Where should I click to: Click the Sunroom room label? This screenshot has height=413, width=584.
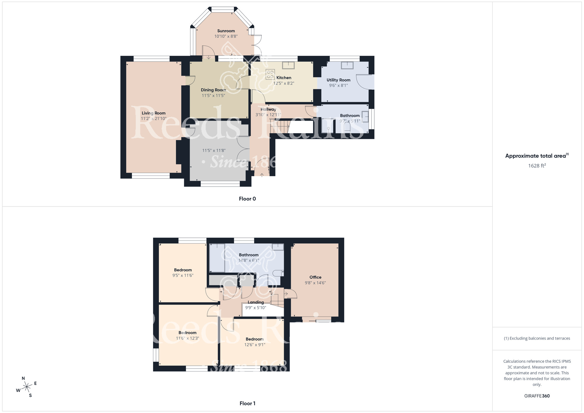pyautogui.click(x=226, y=31)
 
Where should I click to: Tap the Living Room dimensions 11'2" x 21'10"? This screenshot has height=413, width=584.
pyautogui.click(x=154, y=119)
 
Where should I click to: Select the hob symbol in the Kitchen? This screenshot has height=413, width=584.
pyautogui.click(x=270, y=74)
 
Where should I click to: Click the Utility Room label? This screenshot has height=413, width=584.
pyautogui.click(x=338, y=80)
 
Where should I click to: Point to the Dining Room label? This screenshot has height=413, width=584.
pyautogui.click(x=213, y=90)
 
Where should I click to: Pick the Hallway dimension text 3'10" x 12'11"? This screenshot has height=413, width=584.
pyautogui.click(x=268, y=115)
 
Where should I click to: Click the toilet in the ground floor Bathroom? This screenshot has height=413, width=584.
pyautogui.click(x=347, y=127)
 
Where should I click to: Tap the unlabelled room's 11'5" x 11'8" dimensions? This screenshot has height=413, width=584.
pyautogui.click(x=214, y=150)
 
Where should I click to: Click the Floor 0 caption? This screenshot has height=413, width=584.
pyautogui.click(x=247, y=199)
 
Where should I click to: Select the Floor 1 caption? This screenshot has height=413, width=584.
pyautogui.click(x=247, y=403)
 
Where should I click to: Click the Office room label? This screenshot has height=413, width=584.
pyautogui.click(x=315, y=277)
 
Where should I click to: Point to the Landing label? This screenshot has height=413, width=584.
pyautogui.click(x=255, y=302)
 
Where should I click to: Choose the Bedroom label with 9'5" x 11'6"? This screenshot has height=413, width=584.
pyautogui.click(x=183, y=270)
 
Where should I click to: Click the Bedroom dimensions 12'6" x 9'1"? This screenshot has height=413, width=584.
pyautogui.click(x=255, y=345)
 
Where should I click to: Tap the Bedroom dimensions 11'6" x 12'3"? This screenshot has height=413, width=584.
pyautogui.click(x=187, y=338)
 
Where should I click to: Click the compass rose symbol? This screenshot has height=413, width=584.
pyautogui.click(x=27, y=387)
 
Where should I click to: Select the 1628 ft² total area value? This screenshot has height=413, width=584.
pyautogui.click(x=537, y=166)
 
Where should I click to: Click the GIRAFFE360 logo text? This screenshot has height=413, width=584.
pyautogui.click(x=537, y=396)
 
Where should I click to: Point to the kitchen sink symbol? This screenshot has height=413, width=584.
pyautogui.click(x=288, y=65)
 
